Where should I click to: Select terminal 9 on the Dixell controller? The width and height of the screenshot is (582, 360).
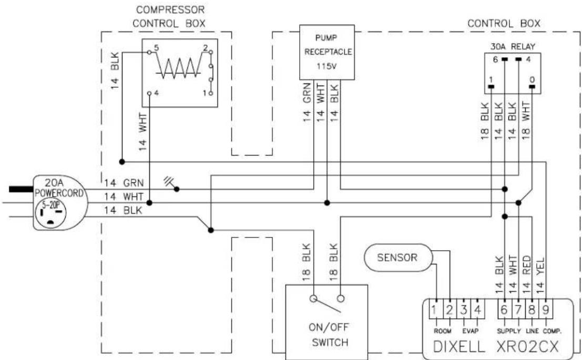coord(545,310)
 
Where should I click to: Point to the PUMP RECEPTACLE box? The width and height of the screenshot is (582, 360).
coord(327,53)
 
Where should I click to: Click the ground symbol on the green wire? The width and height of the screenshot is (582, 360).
coord(171,184)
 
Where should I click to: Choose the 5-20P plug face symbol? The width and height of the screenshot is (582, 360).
coord(51,214)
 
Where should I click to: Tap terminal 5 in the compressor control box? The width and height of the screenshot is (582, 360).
coord(149,53)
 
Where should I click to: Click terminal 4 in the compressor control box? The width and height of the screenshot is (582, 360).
coord(149,93)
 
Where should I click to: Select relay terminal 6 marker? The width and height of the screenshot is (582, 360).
coord(504,59)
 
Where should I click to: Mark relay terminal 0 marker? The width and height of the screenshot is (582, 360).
coord(532,87)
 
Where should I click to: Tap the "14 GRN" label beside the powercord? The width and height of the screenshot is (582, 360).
coord(124,183)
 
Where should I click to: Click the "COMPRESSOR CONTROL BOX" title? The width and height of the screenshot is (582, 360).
coord(169,16)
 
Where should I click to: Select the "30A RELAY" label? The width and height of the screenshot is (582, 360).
coord(513,47)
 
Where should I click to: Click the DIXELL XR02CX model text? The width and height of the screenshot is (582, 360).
coord(496,347)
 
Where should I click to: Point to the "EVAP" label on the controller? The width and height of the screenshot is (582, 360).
coord(470,331)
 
